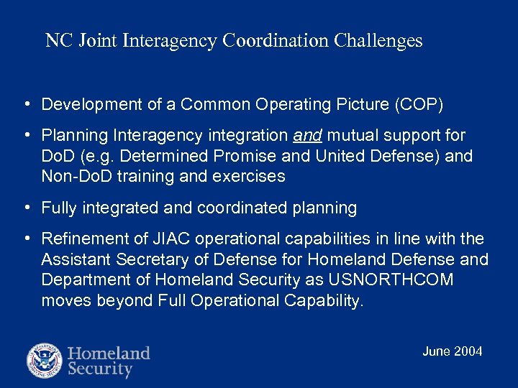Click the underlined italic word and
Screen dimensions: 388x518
click(x=309, y=135)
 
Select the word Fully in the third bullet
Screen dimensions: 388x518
click(x=59, y=208)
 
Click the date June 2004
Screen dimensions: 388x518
click(x=452, y=351)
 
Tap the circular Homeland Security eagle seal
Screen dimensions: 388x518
click(x=45, y=361)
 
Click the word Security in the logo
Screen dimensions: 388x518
click(x=100, y=370)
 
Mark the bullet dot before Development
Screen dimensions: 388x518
click(x=26, y=104)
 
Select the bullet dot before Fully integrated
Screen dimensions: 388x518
click(x=26, y=208)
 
